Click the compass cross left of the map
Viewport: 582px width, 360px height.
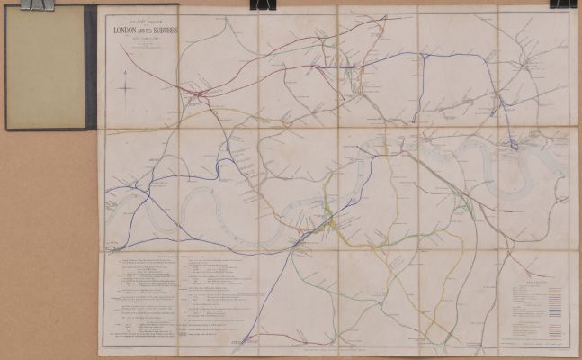pos(129,89)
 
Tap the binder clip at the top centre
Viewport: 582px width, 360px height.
pos(264,4)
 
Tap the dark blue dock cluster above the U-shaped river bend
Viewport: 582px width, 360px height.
pos(512,143)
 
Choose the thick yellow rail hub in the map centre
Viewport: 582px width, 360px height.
pos(335,221)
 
